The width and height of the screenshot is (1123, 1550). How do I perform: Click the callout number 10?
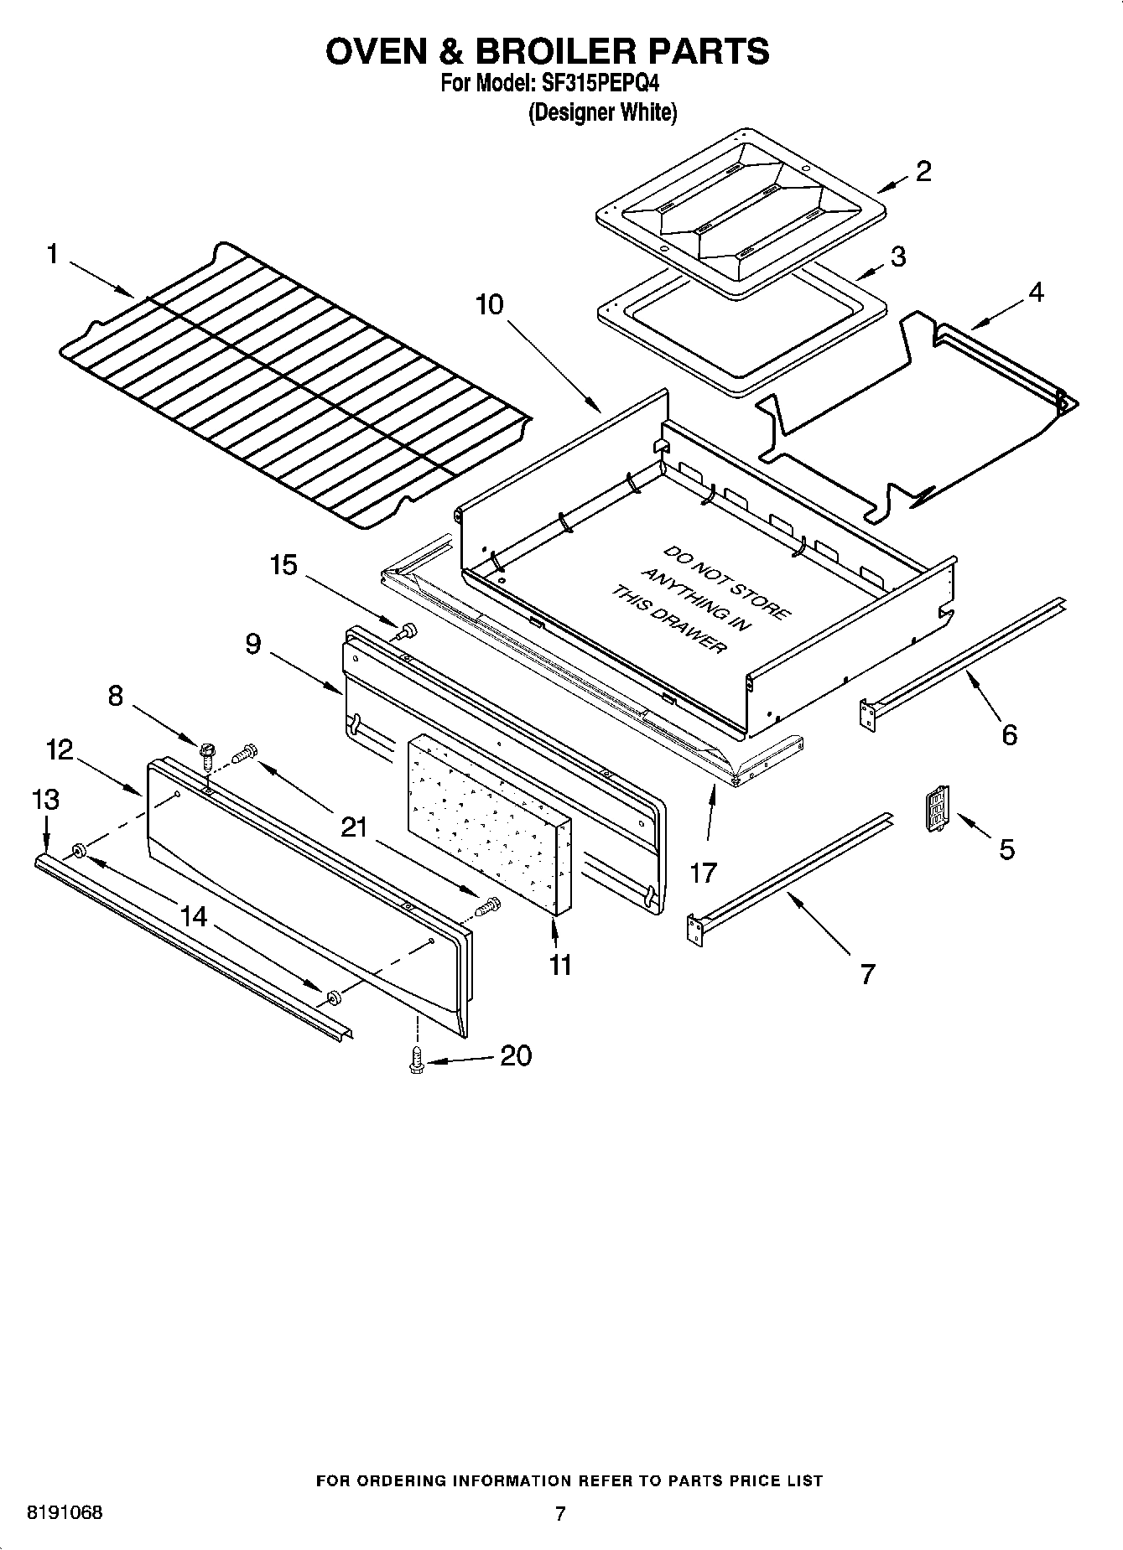click(x=490, y=304)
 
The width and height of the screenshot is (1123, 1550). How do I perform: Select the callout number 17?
click(x=703, y=873)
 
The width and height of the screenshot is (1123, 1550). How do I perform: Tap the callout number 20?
click(x=516, y=1055)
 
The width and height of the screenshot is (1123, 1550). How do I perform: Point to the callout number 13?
click(x=46, y=800)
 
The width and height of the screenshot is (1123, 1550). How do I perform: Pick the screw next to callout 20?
click(x=415, y=1061)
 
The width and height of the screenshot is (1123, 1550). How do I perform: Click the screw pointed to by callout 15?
click(x=408, y=630)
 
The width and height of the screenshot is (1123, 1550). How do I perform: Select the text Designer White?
click(x=601, y=112)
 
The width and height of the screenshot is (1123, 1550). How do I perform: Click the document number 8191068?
click(x=65, y=1512)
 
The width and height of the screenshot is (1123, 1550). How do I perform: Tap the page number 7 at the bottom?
click(x=560, y=1513)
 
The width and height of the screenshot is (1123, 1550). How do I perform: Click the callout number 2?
click(x=923, y=171)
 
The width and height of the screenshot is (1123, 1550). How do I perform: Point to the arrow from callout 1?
click(x=101, y=280)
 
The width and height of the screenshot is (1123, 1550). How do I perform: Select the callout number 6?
click(x=1009, y=734)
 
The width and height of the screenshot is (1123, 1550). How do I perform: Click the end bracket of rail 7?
click(x=694, y=931)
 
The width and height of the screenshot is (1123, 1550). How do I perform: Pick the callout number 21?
click(x=354, y=827)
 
